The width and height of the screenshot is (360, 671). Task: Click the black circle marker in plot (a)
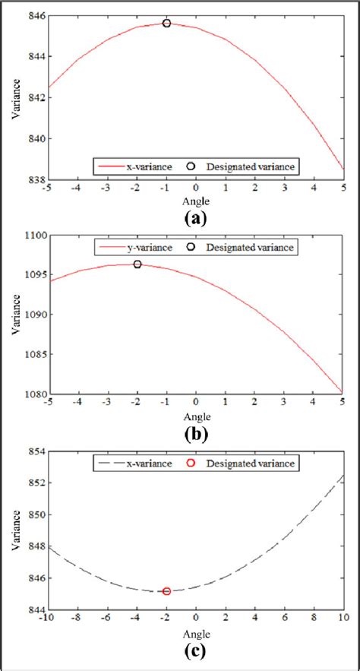(166, 24)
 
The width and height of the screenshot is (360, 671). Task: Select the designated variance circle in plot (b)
(137, 264)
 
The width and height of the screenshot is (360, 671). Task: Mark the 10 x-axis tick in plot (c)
(343, 620)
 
